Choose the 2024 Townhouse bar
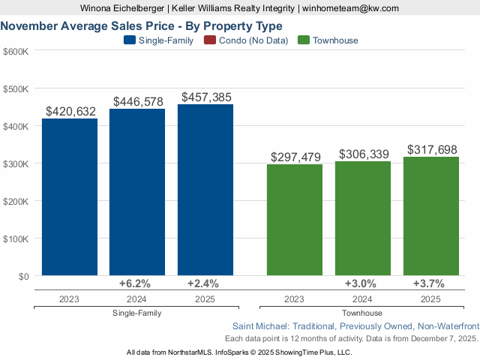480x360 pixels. tap(363, 218)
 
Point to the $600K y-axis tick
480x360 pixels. tap(16, 51)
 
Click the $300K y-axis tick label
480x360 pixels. tap(16, 163)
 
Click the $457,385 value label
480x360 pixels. tap(205, 97)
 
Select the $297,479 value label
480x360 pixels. tap(295, 157)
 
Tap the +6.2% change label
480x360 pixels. tap(136, 283)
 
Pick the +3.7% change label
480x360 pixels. tap(429, 283)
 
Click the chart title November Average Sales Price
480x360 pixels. tap(142, 25)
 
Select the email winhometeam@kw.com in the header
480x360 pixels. tap(350, 8)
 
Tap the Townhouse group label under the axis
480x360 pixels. tap(362, 313)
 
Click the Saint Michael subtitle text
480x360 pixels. tap(355, 326)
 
